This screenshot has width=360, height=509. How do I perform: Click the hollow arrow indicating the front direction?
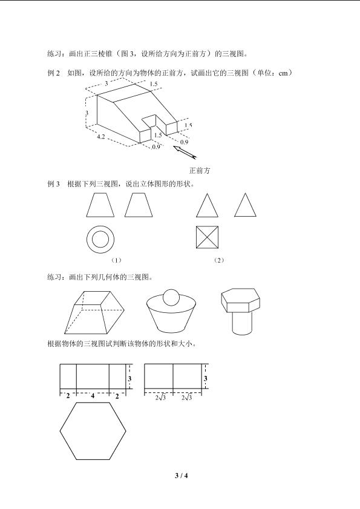pyautogui.click(x=185, y=153)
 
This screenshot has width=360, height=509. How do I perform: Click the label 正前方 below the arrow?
pyautogui.click(x=200, y=171)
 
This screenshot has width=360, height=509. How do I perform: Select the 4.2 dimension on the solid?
pyautogui.click(x=101, y=137)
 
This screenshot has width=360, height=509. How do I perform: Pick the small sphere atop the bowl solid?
pyautogui.click(x=171, y=297)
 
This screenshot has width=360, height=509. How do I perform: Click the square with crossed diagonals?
pyautogui.click(x=207, y=237)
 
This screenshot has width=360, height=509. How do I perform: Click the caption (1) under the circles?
pyautogui.click(x=116, y=260)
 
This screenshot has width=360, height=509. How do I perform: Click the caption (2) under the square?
pyautogui.click(x=219, y=260)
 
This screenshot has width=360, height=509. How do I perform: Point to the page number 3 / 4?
pyautogui.click(x=182, y=476)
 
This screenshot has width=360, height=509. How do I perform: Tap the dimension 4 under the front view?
pyautogui.click(x=93, y=396)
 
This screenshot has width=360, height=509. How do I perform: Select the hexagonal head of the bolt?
pyautogui.click(x=241, y=300)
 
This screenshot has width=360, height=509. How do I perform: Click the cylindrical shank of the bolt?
pyautogui.click(x=242, y=323)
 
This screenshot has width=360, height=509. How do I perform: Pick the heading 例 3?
pyautogui.click(x=54, y=184)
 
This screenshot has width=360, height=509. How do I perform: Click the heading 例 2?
pyautogui.click(x=54, y=73)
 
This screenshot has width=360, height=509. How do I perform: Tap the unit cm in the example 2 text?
pyautogui.click(x=283, y=73)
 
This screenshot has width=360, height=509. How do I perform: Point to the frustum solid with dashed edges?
pyautogui.click(x=94, y=312)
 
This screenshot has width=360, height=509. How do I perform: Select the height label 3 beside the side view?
pyautogui.click(x=206, y=378)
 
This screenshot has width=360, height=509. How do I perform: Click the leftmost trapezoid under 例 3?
pyautogui.click(x=100, y=205)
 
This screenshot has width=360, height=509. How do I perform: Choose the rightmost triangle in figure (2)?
pyautogui.click(x=246, y=205)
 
